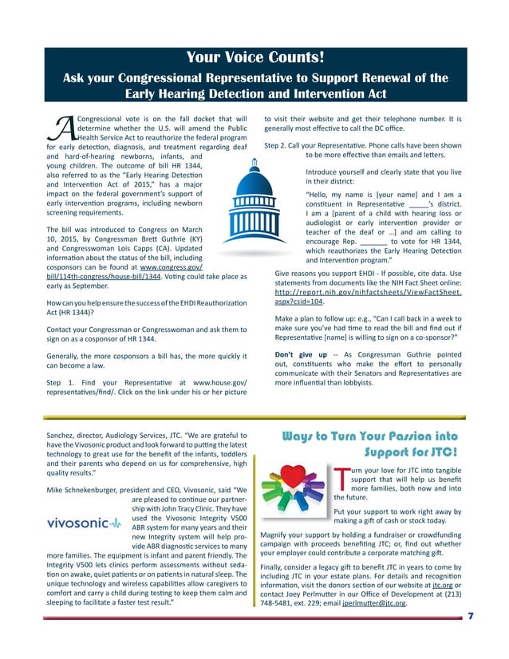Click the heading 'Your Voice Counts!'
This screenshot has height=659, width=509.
[x=254, y=57]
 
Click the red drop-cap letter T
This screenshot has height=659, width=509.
[x=341, y=479]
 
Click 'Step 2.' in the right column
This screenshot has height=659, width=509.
[x=278, y=146]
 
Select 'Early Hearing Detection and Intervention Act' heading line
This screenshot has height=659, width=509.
[x=254, y=93]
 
